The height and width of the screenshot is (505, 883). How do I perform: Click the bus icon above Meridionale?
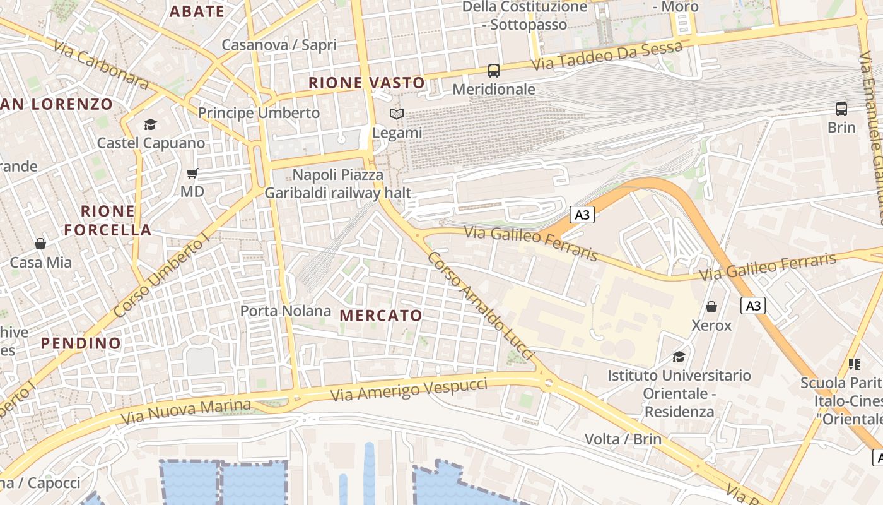(x=493, y=71)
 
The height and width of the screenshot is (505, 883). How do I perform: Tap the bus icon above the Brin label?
(x=841, y=109)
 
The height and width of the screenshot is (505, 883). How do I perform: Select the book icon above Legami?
(x=396, y=114)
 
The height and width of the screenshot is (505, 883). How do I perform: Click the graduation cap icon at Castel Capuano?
(x=150, y=124)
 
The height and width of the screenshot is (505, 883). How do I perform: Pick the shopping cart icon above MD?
(x=192, y=173)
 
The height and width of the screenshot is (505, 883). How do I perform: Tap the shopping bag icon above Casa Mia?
(x=40, y=244)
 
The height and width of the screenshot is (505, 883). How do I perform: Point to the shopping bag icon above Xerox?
(x=711, y=307)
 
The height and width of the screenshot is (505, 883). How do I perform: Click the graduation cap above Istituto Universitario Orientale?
(x=679, y=357)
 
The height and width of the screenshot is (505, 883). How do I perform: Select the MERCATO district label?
(x=381, y=316)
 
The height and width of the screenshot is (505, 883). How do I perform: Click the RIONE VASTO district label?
(x=366, y=83)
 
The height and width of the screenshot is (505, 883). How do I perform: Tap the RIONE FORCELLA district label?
(x=108, y=220)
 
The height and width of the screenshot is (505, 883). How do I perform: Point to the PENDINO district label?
(x=81, y=343)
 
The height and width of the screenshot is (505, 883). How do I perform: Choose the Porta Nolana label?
(x=286, y=311)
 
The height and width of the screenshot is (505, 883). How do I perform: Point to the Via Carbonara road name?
(x=101, y=65)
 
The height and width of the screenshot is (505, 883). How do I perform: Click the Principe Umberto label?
(x=259, y=113)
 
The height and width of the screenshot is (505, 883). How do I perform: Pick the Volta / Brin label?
(x=623, y=439)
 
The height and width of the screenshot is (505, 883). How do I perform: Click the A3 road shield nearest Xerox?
(x=753, y=306)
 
